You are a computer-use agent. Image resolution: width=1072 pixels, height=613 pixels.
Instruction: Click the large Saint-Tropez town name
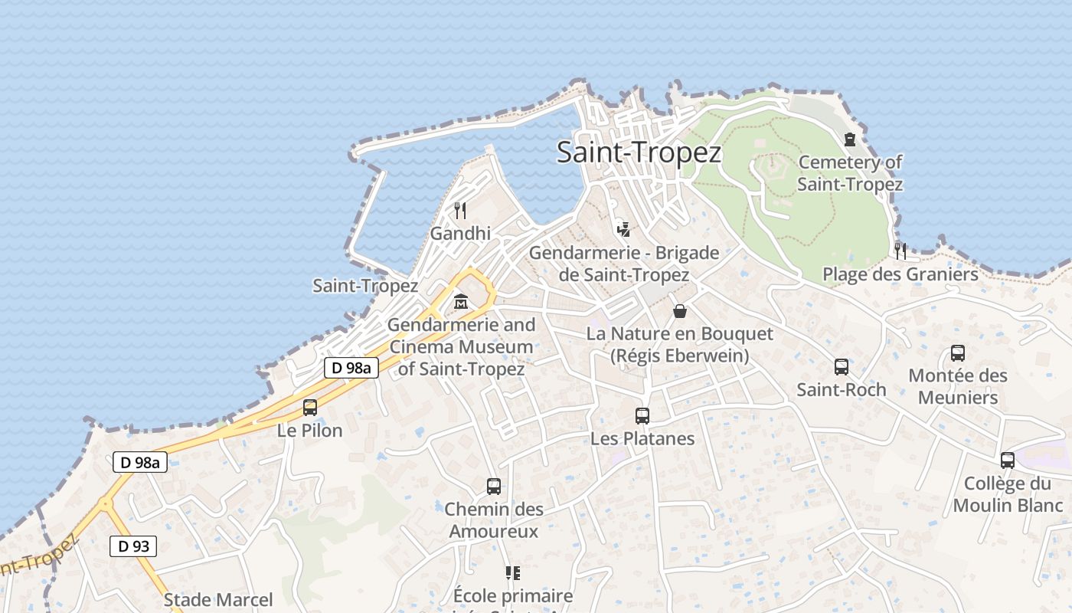coord(639,152)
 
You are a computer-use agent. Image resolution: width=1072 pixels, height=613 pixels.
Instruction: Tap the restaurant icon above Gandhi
coord(460,210)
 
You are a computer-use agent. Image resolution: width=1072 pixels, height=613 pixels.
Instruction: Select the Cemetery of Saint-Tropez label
coord(850,173)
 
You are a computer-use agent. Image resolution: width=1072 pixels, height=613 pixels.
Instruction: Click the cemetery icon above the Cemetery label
coord(849,139)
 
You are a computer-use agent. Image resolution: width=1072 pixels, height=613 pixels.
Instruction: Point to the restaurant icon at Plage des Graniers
coord(900,251)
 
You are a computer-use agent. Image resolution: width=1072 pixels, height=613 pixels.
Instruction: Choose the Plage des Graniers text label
coord(900,274)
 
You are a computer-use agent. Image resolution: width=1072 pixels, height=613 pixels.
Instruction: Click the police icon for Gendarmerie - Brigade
coord(624,228)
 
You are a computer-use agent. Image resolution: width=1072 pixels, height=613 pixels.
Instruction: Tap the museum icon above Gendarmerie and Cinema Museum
coord(460,302)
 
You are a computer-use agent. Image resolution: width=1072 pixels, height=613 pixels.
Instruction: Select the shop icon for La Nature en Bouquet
coord(679,310)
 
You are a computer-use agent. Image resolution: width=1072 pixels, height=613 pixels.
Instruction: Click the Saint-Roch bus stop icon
coord(841,367)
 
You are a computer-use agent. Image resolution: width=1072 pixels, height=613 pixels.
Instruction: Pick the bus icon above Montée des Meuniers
coord(957,353)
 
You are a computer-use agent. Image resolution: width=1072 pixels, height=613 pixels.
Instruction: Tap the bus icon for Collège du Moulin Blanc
coord(1008,461)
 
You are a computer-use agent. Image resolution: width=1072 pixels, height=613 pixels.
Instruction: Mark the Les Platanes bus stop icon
coord(642,416)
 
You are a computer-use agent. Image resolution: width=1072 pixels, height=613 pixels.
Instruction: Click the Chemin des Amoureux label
coord(494,520)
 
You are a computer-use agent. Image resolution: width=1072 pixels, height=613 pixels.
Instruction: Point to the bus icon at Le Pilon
coord(309,408)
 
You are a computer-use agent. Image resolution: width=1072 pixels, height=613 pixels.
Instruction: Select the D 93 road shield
coord(133,546)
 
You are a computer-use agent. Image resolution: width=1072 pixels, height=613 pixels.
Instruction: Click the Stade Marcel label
coord(218,599)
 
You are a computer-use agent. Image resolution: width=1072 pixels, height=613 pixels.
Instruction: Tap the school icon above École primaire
coord(512,573)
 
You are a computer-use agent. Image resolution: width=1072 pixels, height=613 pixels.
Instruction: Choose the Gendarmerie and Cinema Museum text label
coord(461,346)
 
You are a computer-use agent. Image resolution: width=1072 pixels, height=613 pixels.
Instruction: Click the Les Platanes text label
coord(642,439)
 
